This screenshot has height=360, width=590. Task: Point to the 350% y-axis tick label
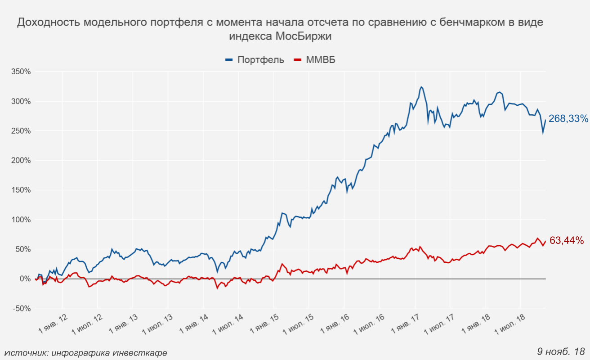[x=21, y=72]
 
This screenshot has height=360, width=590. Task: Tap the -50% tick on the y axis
[x=21, y=309]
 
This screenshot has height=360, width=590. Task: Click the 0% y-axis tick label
[x=24, y=279]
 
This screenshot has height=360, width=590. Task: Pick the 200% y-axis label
[x=21, y=161]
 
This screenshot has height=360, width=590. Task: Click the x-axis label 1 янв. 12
[x=54, y=323]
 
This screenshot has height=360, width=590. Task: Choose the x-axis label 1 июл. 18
[x=510, y=323]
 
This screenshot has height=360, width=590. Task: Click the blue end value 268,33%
[x=568, y=119]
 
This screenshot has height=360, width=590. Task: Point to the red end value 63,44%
[x=566, y=241]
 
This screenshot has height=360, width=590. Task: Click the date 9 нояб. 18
[x=560, y=351]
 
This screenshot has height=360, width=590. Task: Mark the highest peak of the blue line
[x=421, y=87]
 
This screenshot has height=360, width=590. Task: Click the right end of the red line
[x=545, y=241]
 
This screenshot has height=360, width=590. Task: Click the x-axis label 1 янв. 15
[x=264, y=323]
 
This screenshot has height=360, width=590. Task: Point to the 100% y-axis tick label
[x=21, y=220]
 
